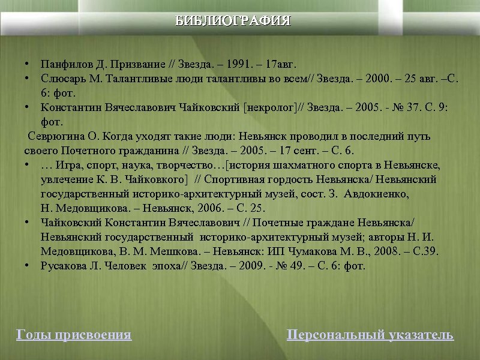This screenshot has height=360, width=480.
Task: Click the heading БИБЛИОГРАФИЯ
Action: tap(233, 22)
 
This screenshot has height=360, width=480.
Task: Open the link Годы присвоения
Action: tap(73, 335)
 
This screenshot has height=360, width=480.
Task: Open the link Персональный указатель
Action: tap(370, 335)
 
